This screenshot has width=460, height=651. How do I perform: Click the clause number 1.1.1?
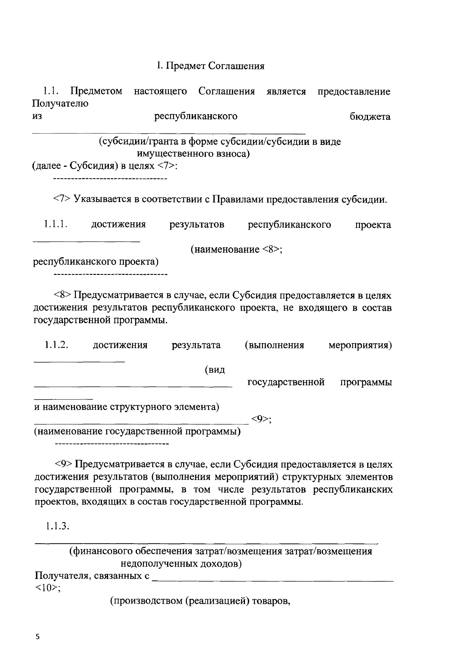tap(56, 224)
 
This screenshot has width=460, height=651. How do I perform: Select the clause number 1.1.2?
tap(56, 345)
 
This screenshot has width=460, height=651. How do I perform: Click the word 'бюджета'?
tap(370, 116)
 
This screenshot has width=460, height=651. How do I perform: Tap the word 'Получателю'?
tap(60, 104)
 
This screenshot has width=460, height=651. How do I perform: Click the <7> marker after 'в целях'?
tap(167, 166)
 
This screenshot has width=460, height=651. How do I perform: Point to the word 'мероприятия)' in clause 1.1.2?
tap(360, 345)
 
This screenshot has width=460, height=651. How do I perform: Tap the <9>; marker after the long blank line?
tap(261, 419)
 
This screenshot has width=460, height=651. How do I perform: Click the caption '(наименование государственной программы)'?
tap(137, 432)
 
